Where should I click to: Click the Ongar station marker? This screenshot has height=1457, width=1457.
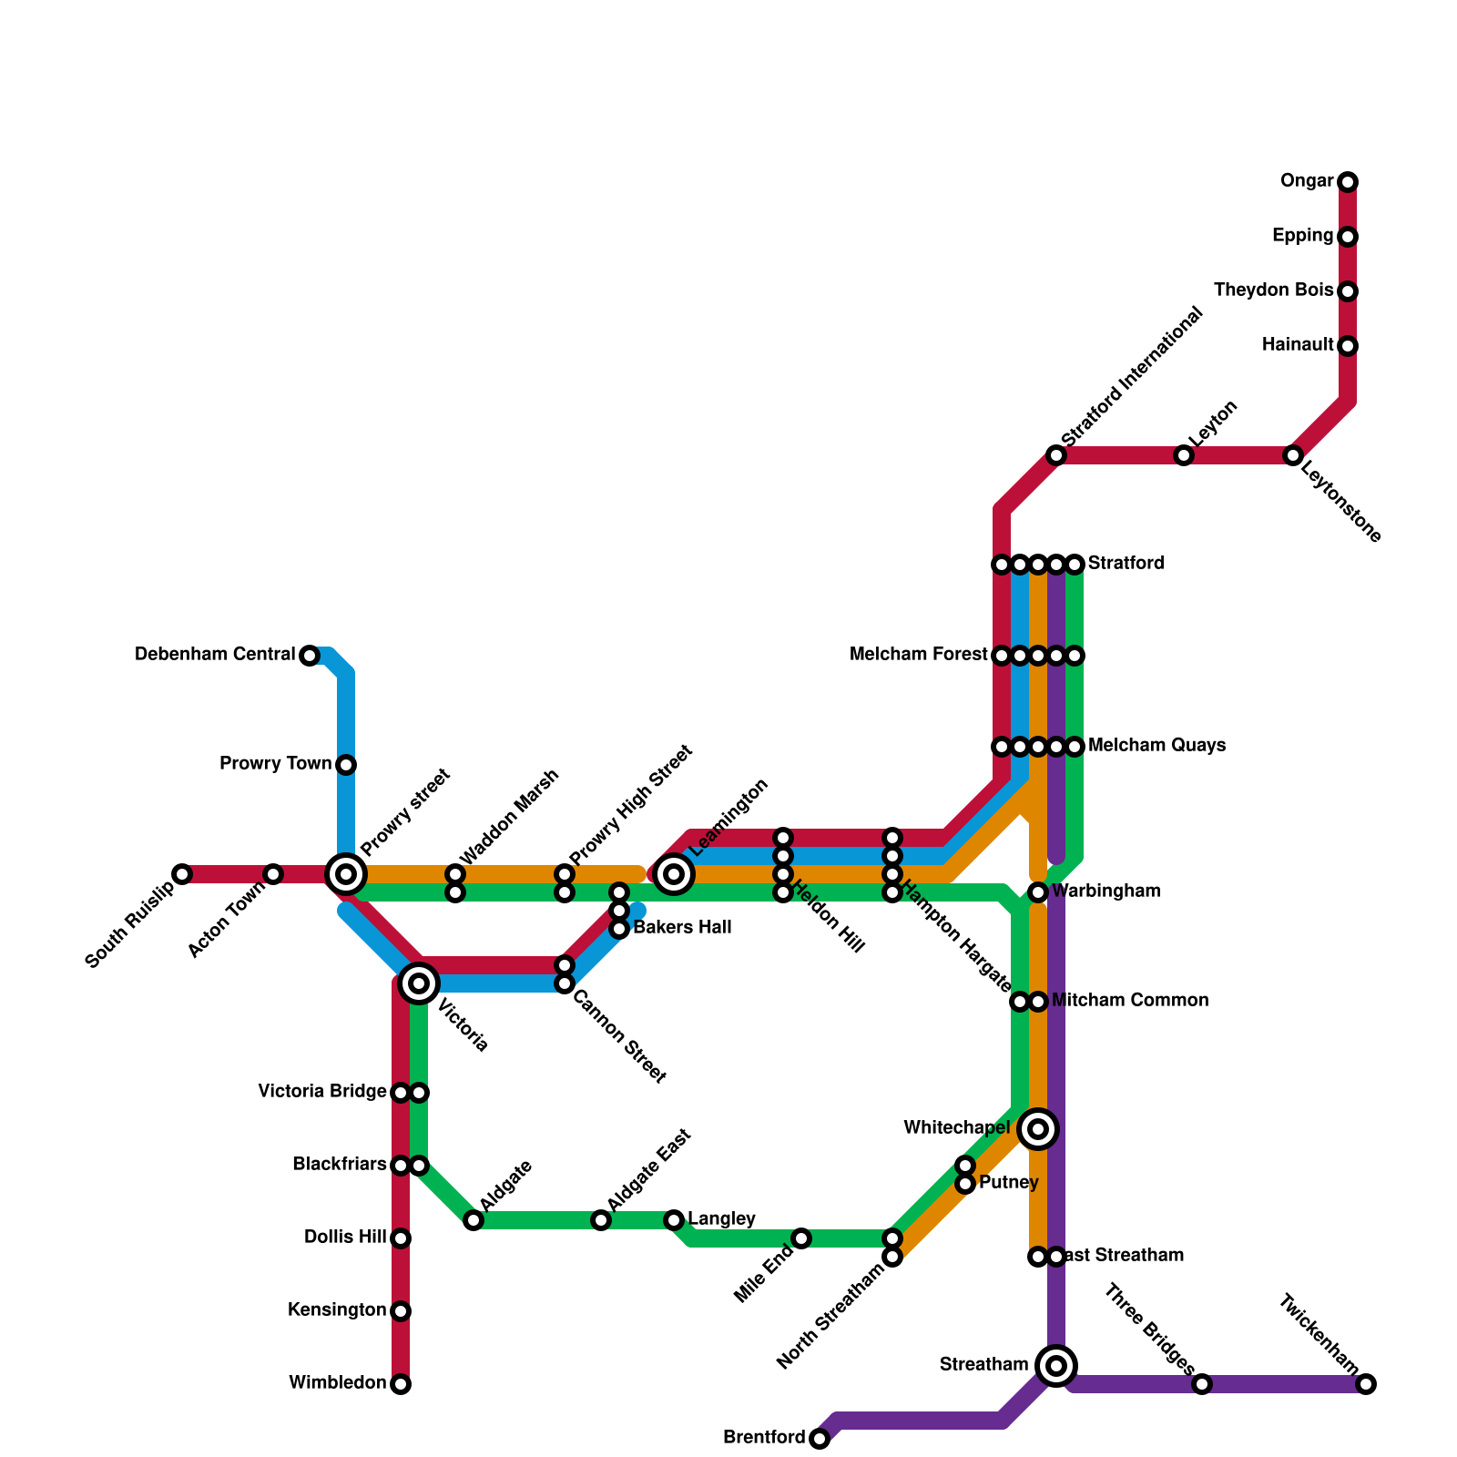pyautogui.click(x=1348, y=182)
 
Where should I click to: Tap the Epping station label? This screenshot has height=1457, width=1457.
pyautogui.click(x=1302, y=237)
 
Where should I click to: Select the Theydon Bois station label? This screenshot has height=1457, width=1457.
pyautogui.click(x=1273, y=291)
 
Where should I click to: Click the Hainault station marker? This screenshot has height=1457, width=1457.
pyautogui.click(x=1348, y=346)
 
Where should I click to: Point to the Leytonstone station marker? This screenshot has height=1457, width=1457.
pyautogui.click(x=1293, y=455)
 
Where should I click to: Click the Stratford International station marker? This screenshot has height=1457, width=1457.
pyautogui.click(x=1056, y=455)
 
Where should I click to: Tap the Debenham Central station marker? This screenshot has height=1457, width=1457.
pyautogui.click(x=310, y=656)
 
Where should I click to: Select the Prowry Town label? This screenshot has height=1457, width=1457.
pyautogui.click(x=275, y=764)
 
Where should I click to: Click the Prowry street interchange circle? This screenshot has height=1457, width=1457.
pyautogui.click(x=346, y=874)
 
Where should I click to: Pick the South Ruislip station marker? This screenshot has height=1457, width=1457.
pyautogui.click(x=182, y=874)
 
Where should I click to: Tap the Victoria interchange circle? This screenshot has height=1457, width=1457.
pyautogui.click(x=419, y=983)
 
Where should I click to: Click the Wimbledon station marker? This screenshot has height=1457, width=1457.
pyautogui.click(x=401, y=1384)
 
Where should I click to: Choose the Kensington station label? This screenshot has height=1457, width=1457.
pyautogui.click(x=336, y=1310)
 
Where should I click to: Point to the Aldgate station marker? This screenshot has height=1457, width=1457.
pyautogui.click(x=474, y=1220)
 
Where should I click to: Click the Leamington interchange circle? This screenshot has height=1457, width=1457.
pyautogui.click(x=674, y=874)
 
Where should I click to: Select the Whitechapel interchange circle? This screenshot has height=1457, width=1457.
pyautogui.click(x=1038, y=1129)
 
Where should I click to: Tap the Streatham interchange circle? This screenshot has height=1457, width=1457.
pyautogui.click(x=1056, y=1366)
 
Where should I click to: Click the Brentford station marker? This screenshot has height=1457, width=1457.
pyautogui.click(x=820, y=1439)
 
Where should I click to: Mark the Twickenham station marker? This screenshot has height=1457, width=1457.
pyautogui.click(x=1366, y=1384)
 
